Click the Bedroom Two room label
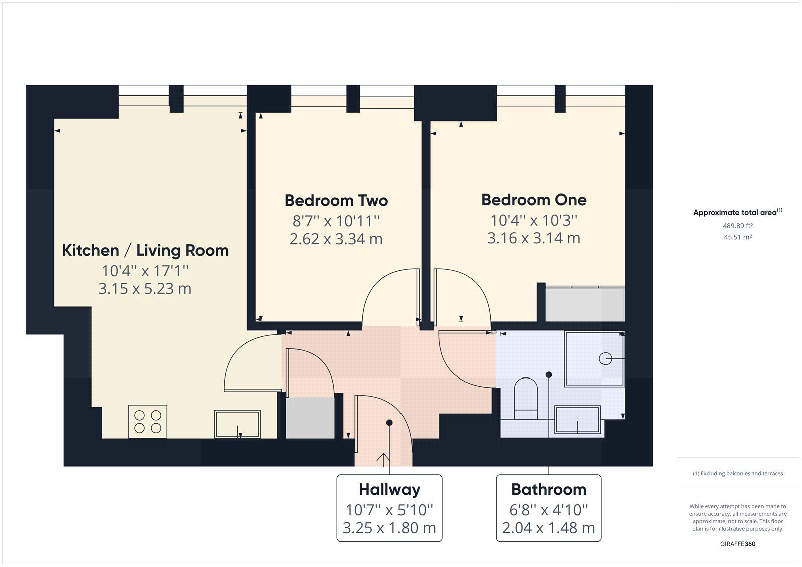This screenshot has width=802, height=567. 336,201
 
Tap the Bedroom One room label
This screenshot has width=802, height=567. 534,200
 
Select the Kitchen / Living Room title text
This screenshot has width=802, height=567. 145,250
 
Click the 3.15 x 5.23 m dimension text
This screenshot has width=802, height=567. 145,289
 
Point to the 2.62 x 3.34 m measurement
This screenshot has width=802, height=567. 336,239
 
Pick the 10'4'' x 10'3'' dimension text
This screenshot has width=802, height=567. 534,220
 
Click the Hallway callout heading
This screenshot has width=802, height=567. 389,489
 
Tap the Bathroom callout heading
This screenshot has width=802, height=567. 548,489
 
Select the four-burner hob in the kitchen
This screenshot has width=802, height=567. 148,421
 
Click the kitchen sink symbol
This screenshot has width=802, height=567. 237,424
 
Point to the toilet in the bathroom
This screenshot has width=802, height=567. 526,399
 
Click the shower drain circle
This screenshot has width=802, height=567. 605,359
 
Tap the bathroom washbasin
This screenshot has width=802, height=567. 578,419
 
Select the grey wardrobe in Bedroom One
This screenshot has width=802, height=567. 585,304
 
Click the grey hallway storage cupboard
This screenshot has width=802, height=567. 310,418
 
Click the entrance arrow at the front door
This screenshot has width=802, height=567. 383,458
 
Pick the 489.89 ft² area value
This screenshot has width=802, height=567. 737,226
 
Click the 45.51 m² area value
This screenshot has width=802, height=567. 737,237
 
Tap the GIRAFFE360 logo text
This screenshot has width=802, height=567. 737,544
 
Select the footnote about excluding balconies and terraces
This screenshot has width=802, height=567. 737,473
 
